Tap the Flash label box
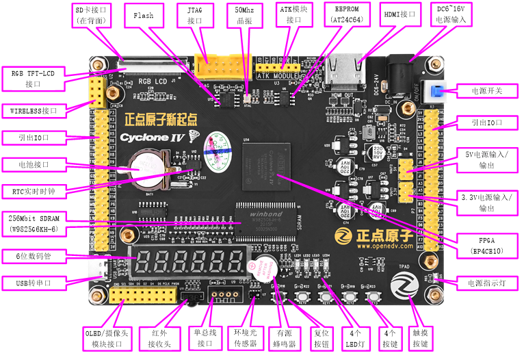[x=144, y=15]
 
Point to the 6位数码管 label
[x=33, y=257]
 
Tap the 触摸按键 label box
[x=420, y=337]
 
